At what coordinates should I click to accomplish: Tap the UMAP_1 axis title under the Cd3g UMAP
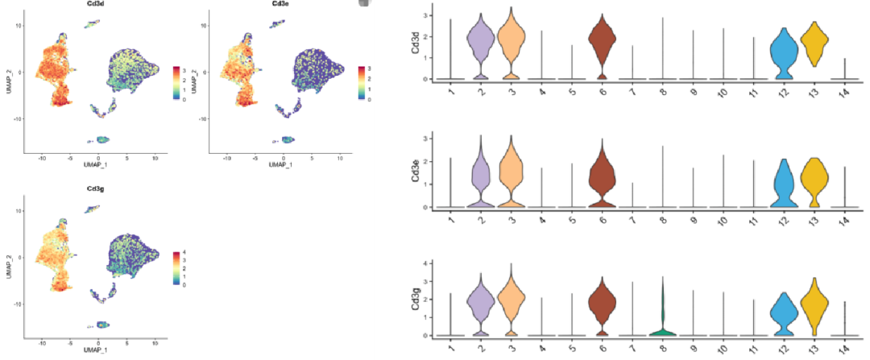(x=97, y=349)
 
